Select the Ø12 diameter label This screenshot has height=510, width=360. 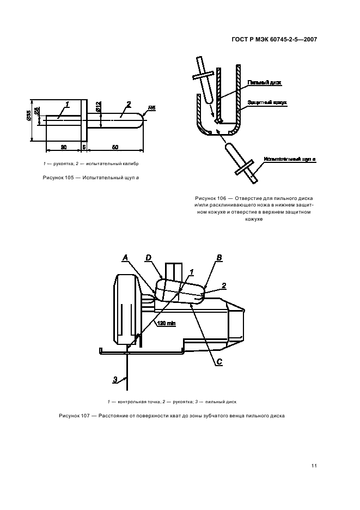point(98,107)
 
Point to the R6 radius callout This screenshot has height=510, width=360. point(152,108)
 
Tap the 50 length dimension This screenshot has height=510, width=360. point(115,148)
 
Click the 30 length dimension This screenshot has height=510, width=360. point(63,148)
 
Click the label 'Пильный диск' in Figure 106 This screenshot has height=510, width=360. point(264,82)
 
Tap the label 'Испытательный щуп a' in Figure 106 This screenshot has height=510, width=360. point(290,159)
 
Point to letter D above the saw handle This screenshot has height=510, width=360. point(148,257)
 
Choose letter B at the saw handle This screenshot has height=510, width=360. point(218,257)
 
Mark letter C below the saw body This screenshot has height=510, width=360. point(219,361)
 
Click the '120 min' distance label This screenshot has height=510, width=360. point(166,324)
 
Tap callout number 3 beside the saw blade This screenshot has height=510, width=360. point(115,379)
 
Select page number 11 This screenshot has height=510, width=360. point(314,465)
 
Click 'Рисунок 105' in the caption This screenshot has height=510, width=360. point(59,178)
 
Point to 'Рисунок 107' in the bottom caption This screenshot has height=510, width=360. point(74,416)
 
